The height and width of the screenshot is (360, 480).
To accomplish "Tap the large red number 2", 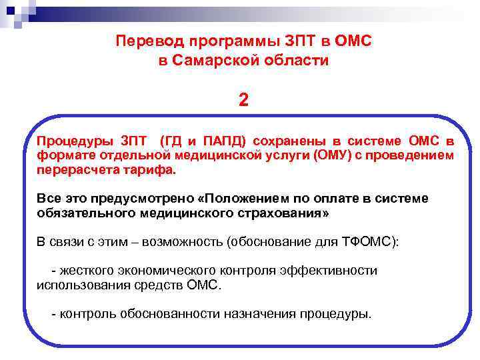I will (x=243, y=99).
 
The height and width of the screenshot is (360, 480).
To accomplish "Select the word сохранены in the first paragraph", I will (x=289, y=141).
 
